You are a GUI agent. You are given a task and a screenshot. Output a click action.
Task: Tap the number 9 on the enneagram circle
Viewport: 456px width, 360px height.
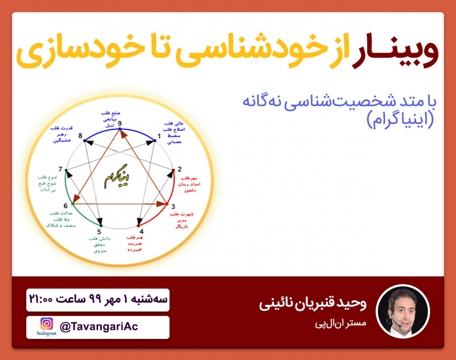coord(120,123)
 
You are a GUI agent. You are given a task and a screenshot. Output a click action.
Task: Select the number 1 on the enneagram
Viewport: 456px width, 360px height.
coord(159,136)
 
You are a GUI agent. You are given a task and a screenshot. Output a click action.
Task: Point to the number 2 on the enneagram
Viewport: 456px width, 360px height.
coord(179,169)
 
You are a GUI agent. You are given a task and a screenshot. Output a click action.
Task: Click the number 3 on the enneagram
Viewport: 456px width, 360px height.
coord(173,207)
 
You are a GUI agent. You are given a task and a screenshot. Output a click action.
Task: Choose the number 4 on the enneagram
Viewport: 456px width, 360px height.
coord(141,231)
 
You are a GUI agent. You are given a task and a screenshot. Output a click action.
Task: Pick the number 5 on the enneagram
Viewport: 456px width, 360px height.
coord(99,232)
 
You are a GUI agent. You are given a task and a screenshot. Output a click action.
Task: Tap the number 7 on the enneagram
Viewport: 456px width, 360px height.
coord(60,169)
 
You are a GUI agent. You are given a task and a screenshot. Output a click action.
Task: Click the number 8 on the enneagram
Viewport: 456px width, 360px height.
coord(80,136)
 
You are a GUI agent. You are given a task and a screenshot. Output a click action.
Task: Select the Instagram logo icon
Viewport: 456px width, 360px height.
coord(47,324)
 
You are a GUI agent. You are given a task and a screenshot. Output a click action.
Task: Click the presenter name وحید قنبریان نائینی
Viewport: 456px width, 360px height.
coord(312,304)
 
